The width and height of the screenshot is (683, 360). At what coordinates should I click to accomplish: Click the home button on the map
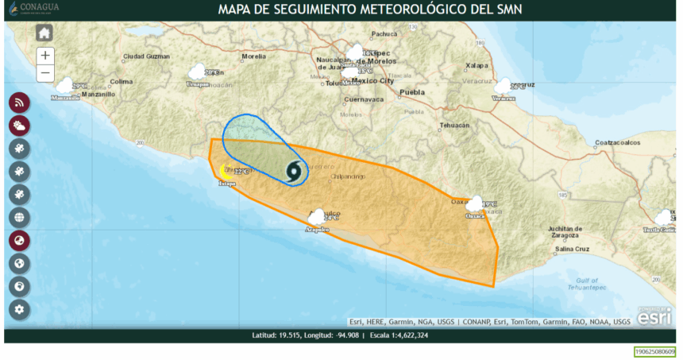point(44,33)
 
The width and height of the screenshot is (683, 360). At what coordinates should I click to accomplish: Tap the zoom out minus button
point(45,72)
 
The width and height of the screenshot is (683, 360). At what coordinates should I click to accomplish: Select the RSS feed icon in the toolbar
point(20,103)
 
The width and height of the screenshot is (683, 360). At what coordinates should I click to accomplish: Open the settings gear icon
point(20,309)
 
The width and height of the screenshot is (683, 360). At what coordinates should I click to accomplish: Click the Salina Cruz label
point(572,250)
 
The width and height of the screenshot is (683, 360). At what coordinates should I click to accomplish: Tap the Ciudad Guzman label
point(147,56)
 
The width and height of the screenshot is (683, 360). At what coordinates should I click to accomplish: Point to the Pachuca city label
point(384,34)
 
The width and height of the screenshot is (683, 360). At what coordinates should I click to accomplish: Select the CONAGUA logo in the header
point(35,10)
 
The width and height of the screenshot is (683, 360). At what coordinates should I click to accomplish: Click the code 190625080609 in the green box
point(654,351)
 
